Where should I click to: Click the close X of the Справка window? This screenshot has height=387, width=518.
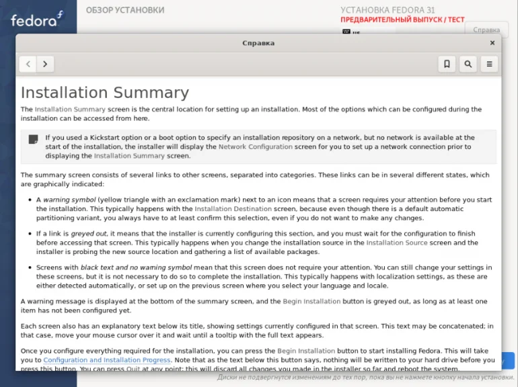(492, 43)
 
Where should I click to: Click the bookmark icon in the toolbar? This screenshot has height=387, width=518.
(447, 64)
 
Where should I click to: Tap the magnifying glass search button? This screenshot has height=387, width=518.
(468, 64)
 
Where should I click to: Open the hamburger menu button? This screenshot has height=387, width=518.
(489, 64)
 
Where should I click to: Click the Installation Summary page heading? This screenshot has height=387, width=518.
(104, 93)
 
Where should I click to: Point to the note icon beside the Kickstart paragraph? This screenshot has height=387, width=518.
(33, 140)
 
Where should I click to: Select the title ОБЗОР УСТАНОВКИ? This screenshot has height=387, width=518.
(124, 10)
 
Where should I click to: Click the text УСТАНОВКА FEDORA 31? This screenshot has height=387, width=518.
(387, 10)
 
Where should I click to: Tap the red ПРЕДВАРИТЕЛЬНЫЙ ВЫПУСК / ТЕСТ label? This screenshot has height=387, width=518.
(402, 20)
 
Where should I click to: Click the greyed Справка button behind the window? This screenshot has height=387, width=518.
(486, 30)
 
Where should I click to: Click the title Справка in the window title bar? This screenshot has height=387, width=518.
(258, 43)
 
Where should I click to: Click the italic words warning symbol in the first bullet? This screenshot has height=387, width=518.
(69, 200)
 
